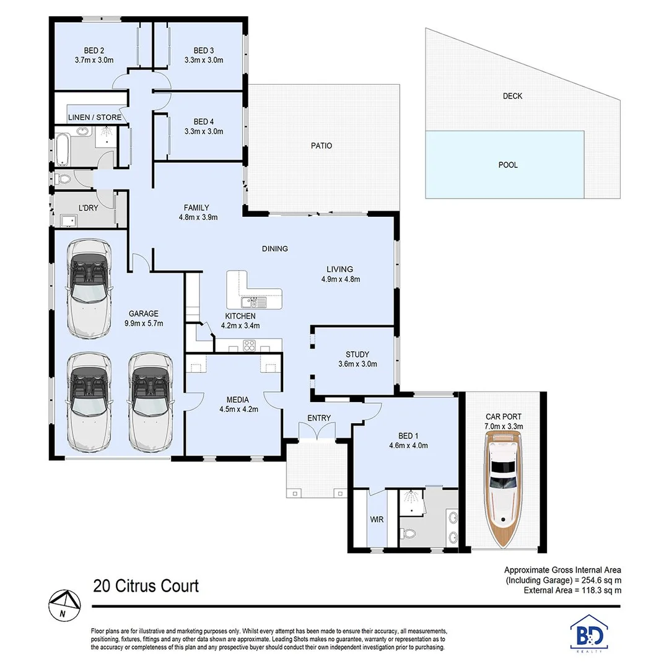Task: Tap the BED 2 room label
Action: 94,51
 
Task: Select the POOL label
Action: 507,165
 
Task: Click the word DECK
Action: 512,96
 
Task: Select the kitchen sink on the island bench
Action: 253,302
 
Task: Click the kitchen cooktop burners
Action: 250,346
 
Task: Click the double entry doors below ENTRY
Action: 319,432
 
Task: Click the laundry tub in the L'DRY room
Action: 68,220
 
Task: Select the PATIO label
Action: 321,146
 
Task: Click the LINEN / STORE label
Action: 95,117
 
